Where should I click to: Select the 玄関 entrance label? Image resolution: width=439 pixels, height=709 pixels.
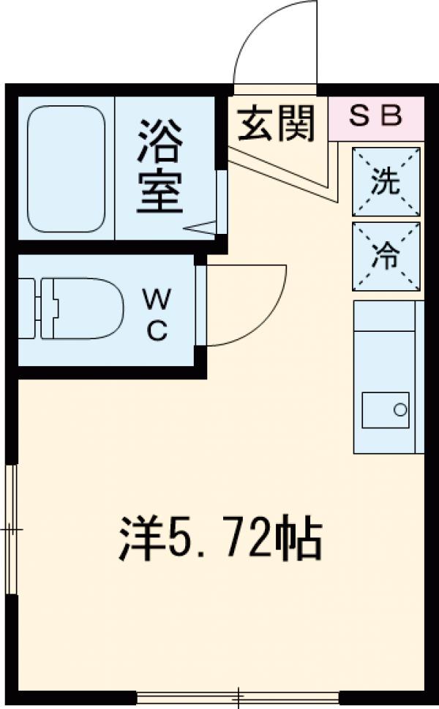(x=276, y=122)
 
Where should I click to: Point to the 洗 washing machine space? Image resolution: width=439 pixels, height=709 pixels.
(x=386, y=181)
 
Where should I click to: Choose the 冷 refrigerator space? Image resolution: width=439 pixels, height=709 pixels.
(x=386, y=257)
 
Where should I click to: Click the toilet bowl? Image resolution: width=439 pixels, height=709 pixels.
(x=84, y=308)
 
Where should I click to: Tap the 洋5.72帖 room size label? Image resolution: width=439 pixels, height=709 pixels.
(x=219, y=539)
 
